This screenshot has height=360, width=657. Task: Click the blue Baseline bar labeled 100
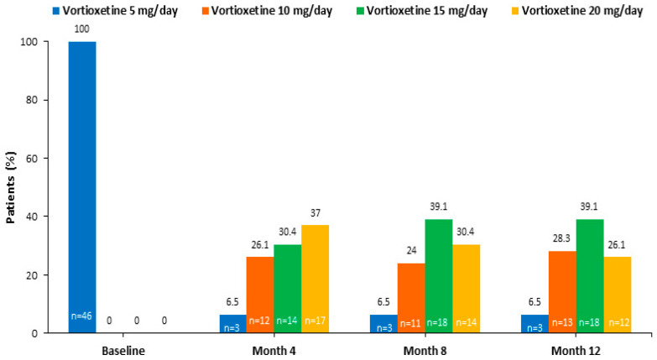point(82,187)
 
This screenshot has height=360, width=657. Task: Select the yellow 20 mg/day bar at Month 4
point(315,279)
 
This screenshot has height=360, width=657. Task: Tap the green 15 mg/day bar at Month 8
point(439,276)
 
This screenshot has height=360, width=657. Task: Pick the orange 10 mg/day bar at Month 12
point(562,292)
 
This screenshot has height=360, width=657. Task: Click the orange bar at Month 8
point(411,298)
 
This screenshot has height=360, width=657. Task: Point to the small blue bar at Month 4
point(233,324)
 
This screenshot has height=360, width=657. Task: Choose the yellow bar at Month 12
point(618,295)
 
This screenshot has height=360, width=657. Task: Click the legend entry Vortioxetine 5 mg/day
point(116,10)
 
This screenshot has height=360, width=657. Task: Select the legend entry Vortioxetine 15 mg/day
point(422,10)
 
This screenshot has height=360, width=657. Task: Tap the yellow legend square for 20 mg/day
point(515,11)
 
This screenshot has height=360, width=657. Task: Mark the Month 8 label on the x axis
point(425,351)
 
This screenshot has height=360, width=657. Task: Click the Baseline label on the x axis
point(123,351)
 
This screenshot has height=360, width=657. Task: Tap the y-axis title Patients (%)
point(10,187)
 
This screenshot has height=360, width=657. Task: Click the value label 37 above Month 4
point(315,213)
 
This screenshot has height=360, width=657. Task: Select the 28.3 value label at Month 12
point(562,238)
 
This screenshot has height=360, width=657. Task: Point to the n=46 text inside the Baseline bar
point(81,316)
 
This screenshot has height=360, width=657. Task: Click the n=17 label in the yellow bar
point(315,321)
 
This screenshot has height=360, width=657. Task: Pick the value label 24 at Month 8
point(411,251)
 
